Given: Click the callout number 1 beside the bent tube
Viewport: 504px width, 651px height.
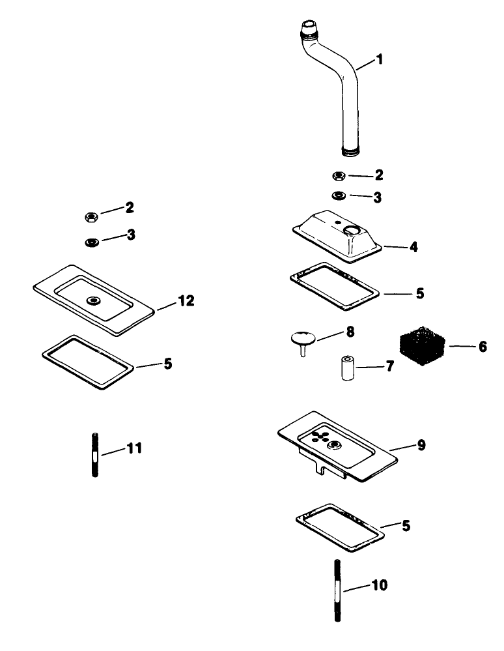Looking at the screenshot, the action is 379,59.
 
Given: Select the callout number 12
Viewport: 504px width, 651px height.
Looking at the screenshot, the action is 186,300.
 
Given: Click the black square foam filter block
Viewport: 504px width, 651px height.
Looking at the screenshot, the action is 422,346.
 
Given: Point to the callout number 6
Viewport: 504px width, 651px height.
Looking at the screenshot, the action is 483,347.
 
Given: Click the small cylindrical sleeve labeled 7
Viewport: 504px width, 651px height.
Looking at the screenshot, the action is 347,368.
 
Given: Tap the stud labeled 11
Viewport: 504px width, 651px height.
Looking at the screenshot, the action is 94,455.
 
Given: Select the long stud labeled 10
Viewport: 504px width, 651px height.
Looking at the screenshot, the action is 337,590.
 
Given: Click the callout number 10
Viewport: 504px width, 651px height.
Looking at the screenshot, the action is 380,585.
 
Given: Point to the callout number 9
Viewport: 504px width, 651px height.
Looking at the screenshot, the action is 421,445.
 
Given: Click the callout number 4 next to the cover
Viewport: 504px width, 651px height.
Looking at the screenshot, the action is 413,247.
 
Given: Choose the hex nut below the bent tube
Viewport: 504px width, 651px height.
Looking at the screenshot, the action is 339,176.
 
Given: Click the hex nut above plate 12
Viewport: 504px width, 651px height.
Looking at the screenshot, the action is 91,216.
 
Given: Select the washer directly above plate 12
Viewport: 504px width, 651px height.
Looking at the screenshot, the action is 91,242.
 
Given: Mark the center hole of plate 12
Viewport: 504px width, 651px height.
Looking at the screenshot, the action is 93,300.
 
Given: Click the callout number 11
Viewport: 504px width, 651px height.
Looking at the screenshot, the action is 134,448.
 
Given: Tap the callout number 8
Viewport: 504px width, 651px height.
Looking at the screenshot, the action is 350,332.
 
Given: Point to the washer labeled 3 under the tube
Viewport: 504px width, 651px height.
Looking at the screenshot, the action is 339,195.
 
